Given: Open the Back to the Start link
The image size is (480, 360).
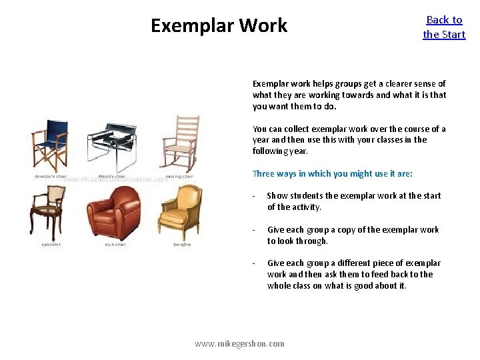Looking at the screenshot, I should click(x=444, y=27).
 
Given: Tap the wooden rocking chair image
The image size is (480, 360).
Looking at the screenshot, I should click(x=178, y=143).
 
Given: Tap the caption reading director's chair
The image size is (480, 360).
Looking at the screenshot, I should click(x=49, y=177).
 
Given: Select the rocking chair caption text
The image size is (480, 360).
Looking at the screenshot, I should click(x=178, y=177).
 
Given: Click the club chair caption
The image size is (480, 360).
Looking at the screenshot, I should click(x=115, y=245).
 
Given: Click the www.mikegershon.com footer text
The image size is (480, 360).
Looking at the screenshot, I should click(x=239, y=344).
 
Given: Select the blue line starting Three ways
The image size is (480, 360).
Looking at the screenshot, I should click(x=332, y=174).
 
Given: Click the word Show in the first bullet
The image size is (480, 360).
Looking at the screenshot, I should click(x=278, y=195).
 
